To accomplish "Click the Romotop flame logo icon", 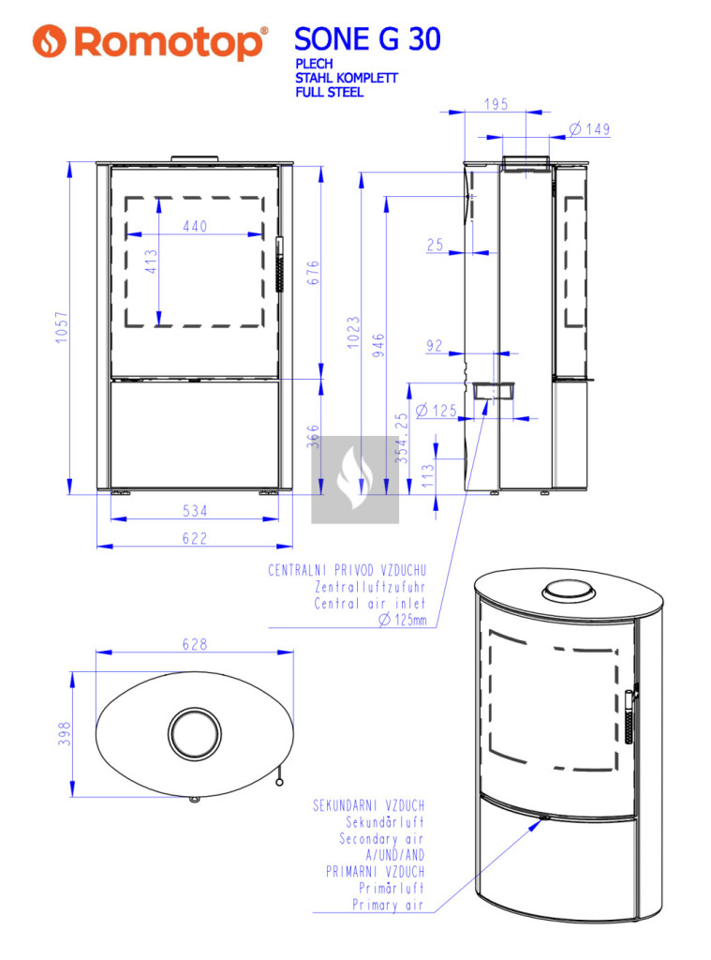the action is click(49, 41).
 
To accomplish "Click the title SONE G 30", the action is click(367, 39).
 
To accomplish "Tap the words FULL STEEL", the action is click(329, 93).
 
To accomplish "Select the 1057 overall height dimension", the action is click(62, 327).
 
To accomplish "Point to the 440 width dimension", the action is click(195, 226).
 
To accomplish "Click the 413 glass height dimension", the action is click(151, 262).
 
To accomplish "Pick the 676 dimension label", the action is click(313, 273).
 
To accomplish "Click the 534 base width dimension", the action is click(195, 511).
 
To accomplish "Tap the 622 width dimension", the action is click(195, 538).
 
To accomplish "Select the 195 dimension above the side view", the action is click(496, 104).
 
